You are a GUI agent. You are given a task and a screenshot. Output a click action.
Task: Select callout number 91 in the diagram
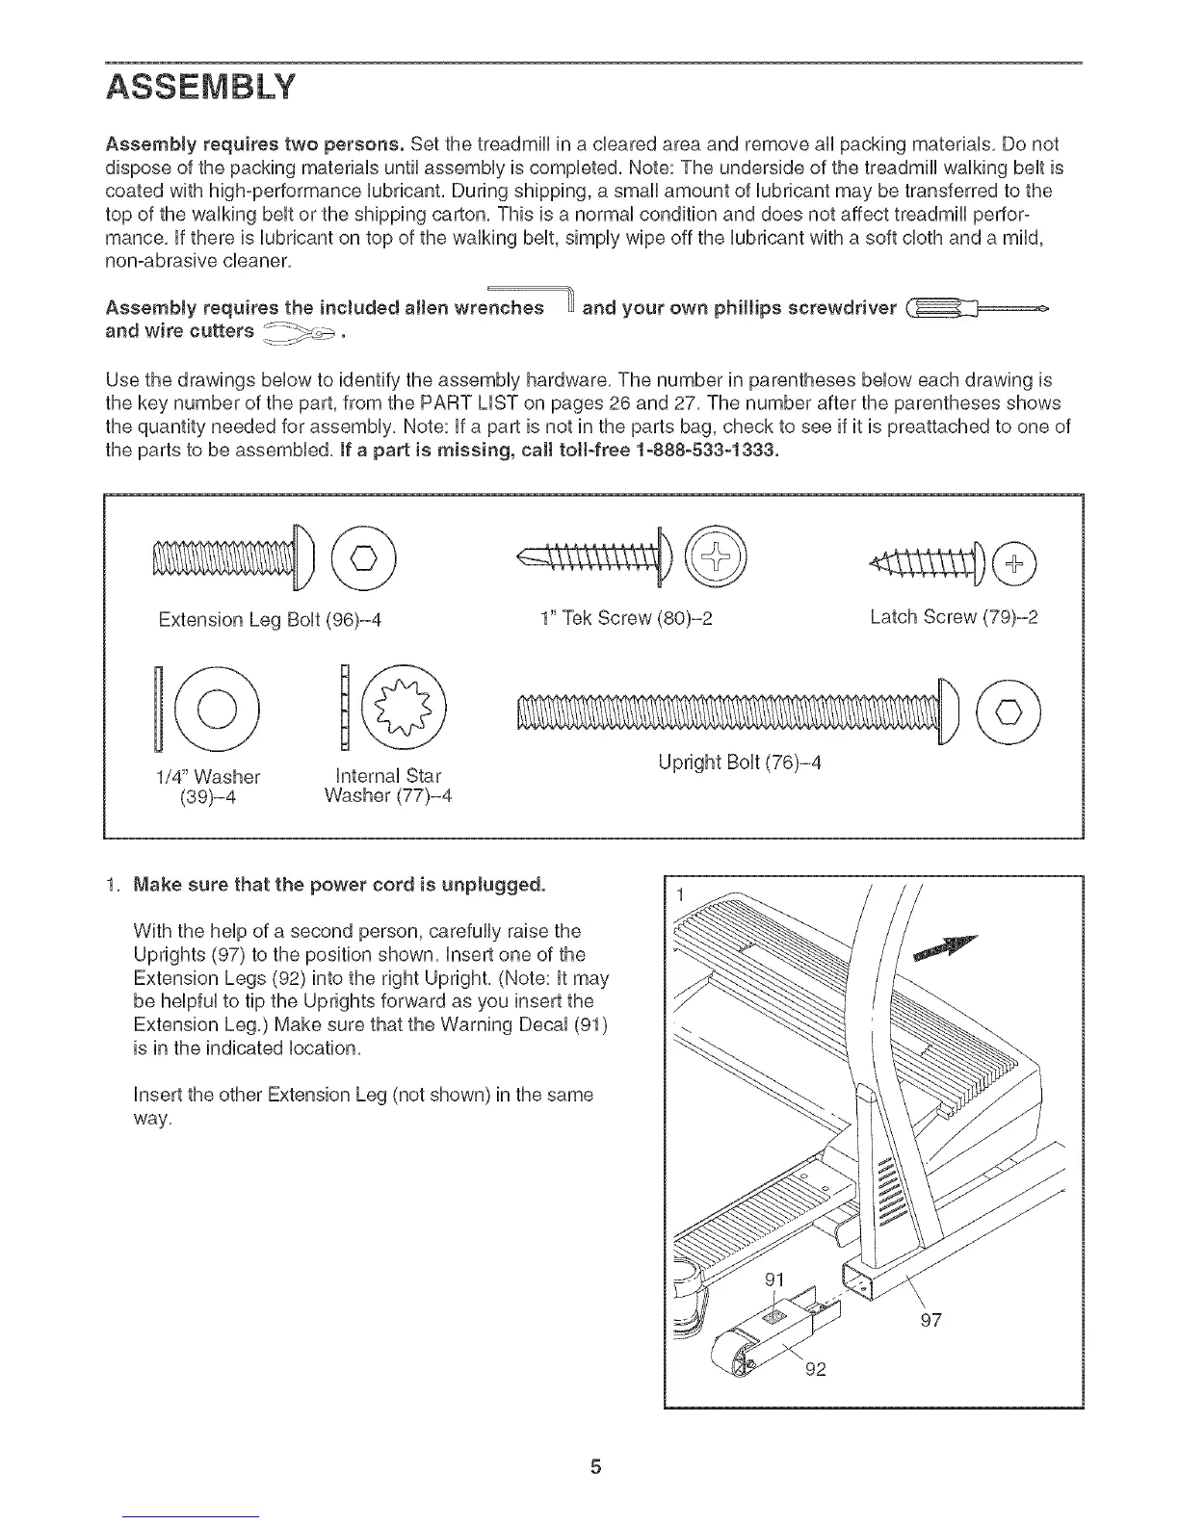coord(774,1280)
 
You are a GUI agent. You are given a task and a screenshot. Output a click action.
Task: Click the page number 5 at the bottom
coord(595,1467)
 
